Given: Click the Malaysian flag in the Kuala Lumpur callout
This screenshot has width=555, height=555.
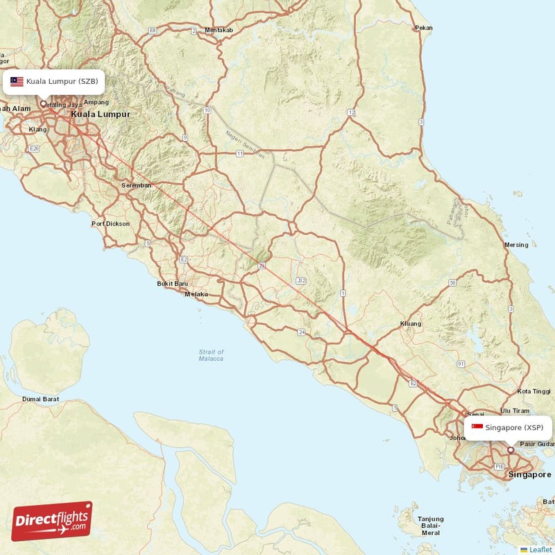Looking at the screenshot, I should (17, 82).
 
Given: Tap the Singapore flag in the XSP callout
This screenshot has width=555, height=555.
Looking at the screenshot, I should (477, 427).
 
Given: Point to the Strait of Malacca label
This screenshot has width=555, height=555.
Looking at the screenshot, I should (211, 355).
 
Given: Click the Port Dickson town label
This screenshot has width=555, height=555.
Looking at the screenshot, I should (110, 223).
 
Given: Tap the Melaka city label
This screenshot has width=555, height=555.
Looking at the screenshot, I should (196, 294).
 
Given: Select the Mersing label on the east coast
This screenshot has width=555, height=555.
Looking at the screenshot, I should (516, 245).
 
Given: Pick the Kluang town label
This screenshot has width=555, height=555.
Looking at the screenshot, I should (411, 324).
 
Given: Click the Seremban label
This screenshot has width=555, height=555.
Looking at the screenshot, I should (135, 186).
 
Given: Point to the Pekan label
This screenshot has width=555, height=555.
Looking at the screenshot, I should (423, 28).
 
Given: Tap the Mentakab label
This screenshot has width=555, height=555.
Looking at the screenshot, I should (219, 31).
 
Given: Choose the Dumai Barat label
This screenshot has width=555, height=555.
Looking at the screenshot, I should (40, 399).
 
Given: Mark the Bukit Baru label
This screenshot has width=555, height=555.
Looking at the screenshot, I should (173, 284).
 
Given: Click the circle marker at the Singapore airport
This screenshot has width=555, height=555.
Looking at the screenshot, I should (511, 450).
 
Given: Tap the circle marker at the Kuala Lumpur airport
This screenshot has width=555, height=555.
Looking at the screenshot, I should (44, 104).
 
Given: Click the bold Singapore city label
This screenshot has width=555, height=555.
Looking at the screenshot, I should (530, 475).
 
